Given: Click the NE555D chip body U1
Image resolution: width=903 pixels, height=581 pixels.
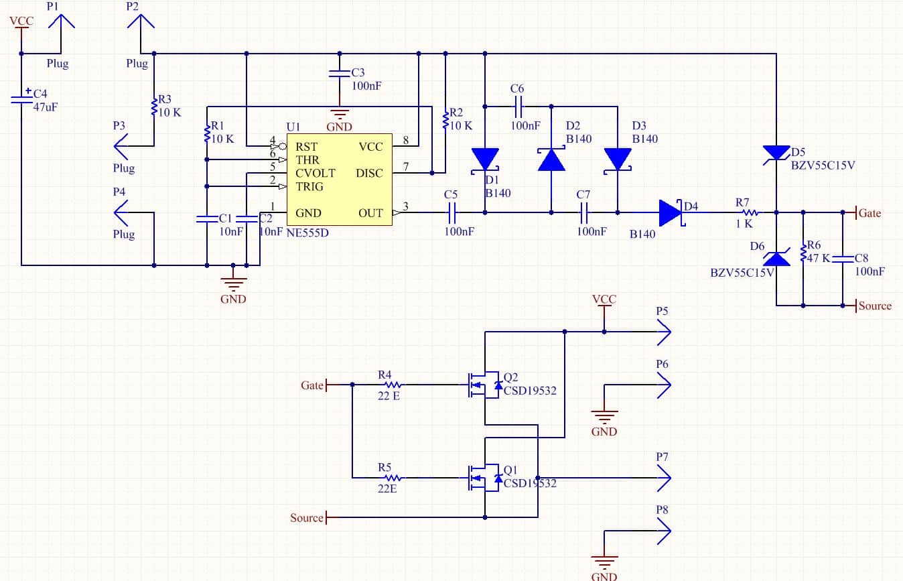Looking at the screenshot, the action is (x=340, y=180).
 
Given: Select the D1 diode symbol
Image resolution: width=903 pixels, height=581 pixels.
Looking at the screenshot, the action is (x=485, y=161).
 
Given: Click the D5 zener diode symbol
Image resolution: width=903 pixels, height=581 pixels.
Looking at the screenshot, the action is (x=776, y=154).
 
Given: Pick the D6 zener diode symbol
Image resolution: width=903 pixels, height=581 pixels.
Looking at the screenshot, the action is (x=776, y=258).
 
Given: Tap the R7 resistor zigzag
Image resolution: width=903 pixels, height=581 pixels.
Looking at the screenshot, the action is (x=750, y=212).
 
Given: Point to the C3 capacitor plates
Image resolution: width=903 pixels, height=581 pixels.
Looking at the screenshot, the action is (x=340, y=74).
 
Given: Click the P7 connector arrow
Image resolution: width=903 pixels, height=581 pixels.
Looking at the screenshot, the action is (x=665, y=478).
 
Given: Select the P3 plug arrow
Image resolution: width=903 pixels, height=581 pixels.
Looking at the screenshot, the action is (x=121, y=146).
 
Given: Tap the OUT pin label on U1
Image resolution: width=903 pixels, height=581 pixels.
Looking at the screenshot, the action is (x=370, y=213).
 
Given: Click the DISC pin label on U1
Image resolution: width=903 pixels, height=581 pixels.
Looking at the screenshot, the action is (x=369, y=173).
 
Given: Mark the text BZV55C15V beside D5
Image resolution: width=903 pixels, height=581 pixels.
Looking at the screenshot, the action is (x=823, y=166).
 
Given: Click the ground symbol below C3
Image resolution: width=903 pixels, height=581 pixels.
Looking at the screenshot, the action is (x=340, y=113).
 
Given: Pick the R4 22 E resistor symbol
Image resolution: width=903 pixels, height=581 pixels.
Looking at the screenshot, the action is (x=393, y=385).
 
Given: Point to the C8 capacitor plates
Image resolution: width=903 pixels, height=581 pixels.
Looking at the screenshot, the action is (x=843, y=259).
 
